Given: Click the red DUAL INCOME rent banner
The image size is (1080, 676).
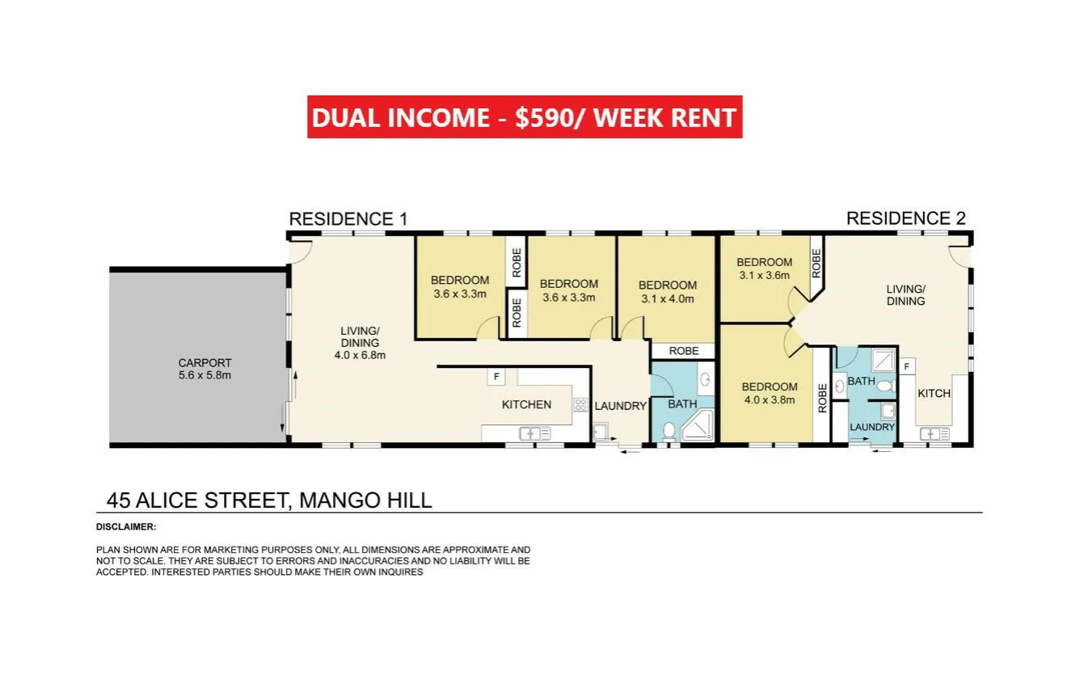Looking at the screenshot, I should [x=524, y=117].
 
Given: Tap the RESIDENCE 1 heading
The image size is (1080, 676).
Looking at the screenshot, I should [x=348, y=219].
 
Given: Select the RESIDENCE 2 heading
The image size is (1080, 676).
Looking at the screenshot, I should [x=905, y=218].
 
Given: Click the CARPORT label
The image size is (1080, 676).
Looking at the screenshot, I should [x=204, y=363].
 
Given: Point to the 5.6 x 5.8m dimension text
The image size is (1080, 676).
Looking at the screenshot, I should [x=204, y=375].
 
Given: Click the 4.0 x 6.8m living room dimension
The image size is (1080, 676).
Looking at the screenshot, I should [x=360, y=355].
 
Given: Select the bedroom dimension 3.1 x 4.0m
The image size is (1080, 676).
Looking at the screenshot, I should [x=667, y=298].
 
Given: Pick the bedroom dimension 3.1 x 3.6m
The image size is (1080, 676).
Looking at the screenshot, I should [x=764, y=275].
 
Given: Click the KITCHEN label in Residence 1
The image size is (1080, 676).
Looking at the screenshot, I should [x=526, y=404].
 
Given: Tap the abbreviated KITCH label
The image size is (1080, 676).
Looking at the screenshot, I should [x=934, y=393].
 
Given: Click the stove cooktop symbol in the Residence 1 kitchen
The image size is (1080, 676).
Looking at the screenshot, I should [x=580, y=404].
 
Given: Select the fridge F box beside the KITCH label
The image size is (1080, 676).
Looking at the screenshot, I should [x=906, y=366].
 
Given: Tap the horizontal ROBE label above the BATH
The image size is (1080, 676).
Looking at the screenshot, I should [x=683, y=352].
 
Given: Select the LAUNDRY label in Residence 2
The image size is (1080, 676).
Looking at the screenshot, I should [x=872, y=427].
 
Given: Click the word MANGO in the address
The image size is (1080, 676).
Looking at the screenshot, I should [x=335, y=501].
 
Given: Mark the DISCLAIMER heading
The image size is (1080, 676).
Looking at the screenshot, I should [x=125, y=527].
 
